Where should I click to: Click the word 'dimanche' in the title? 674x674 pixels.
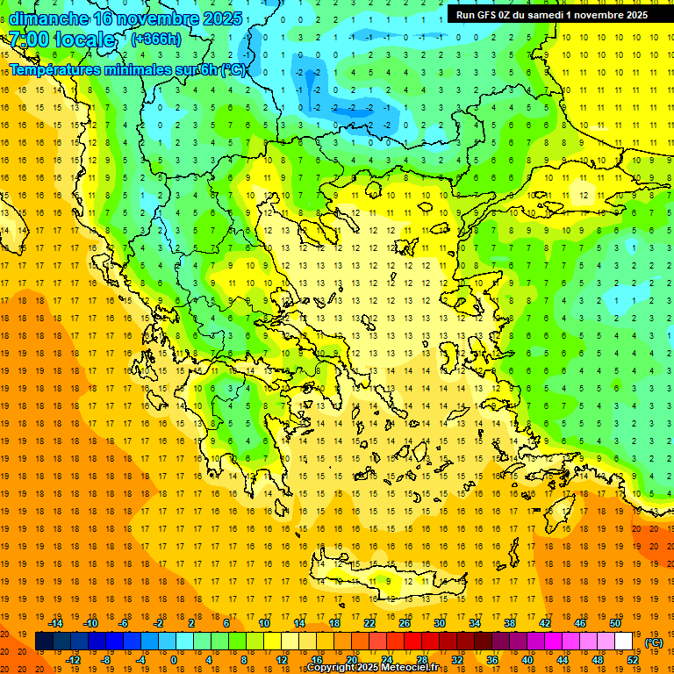click(x=48, y=18)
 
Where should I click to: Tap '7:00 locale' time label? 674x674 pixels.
click(x=61, y=39)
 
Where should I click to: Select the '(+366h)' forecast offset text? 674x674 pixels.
click(x=155, y=39)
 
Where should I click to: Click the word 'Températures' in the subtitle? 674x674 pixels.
click(x=56, y=69)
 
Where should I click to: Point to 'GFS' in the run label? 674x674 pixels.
click(x=489, y=15)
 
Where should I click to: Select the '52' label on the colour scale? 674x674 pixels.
click(x=633, y=659)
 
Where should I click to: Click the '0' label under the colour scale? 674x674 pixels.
click(x=173, y=659)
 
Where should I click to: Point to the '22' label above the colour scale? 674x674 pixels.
click(x=369, y=623)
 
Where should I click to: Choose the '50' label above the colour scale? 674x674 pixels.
click(x=615, y=623)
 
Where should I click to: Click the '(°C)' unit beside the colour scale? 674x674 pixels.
click(x=654, y=642)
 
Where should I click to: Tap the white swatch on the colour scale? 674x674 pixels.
click(x=624, y=642)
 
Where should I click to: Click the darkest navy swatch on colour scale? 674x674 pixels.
click(x=44, y=642)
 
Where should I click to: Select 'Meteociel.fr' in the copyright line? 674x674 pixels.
click(x=416, y=668)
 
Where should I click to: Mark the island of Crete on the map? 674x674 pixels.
click(x=377, y=579)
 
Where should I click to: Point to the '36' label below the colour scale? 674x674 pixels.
click(x=492, y=659)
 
